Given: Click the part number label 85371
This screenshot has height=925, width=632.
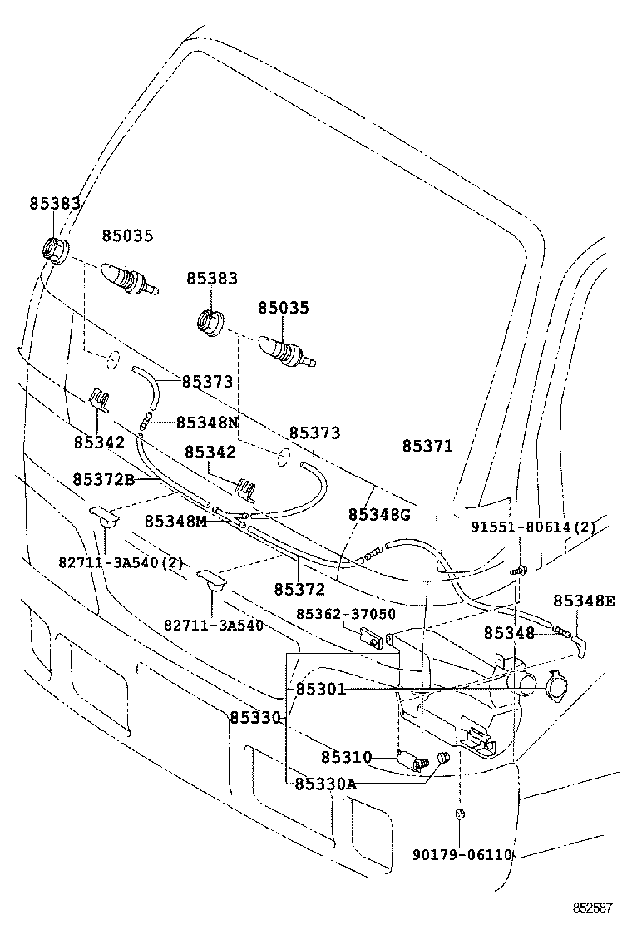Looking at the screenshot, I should coord(427,447).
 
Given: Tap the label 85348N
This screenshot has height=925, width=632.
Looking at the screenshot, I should coord(207,423).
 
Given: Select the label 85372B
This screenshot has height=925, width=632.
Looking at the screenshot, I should coord(104,479).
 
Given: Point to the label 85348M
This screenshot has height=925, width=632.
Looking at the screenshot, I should coord(175,521).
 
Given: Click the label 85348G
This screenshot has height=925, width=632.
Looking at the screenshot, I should coord(379,515).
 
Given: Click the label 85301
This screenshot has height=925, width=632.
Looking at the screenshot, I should coord(320,690).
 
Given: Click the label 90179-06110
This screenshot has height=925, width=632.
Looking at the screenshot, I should coord(462,854).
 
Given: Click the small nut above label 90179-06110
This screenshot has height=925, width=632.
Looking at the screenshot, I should coord(460,814).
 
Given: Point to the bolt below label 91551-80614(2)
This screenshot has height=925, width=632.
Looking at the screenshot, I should coord(517,571).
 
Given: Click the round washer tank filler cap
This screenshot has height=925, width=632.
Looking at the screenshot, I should coord(555,685).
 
